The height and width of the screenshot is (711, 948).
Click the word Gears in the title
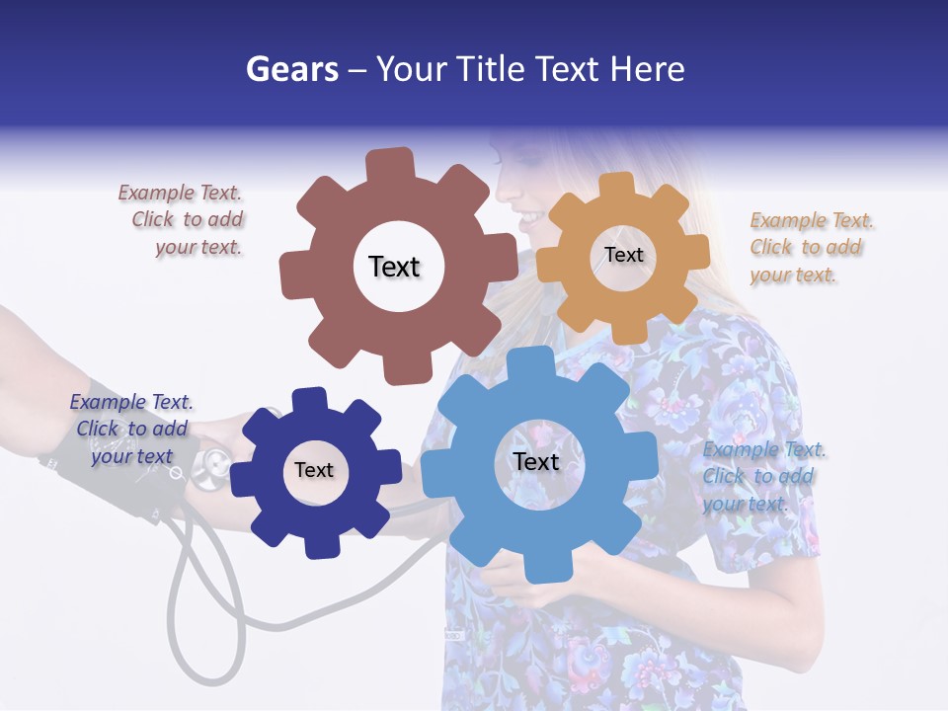(286, 69)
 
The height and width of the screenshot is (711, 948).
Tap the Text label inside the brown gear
(394, 267)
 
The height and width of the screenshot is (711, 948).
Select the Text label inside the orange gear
(623, 255)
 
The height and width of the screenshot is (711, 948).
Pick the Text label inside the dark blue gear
(314, 470)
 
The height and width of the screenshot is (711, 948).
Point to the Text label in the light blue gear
(536, 462)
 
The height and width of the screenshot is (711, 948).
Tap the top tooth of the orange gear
(617, 186)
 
